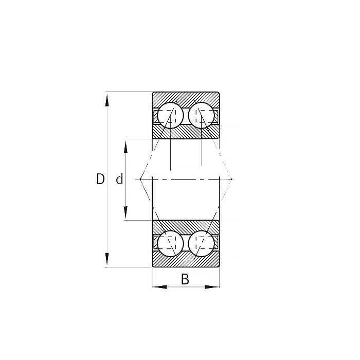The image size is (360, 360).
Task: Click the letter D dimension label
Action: [100, 179]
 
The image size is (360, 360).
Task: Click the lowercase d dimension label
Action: [119, 179]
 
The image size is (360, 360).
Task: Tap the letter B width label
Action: [185, 279]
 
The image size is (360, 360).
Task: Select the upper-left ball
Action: [170, 116]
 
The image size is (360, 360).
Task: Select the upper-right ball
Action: [201, 116]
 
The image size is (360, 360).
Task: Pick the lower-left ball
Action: [170, 244]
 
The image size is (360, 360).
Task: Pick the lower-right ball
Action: [201, 244]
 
